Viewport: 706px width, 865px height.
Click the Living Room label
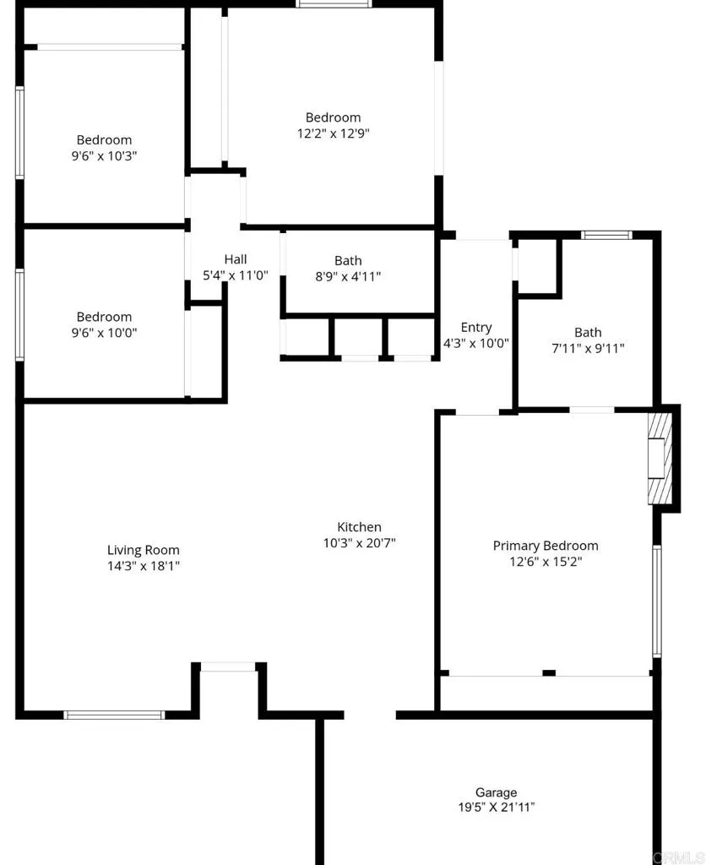pyautogui.click(x=143, y=550)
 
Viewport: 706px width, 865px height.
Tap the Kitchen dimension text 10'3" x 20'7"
pyautogui.click(x=360, y=543)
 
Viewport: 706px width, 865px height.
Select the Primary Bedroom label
pyautogui.click(x=546, y=546)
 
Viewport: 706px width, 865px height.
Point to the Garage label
pyautogui.click(x=496, y=792)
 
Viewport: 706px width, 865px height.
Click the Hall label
pyautogui.click(x=236, y=259)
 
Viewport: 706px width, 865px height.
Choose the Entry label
pyautogui.click(x=476, y=328)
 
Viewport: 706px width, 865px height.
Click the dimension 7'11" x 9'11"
pyautogui.click(x=588, y=348)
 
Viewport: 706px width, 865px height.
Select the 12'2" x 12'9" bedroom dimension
pyautogui.click(x=333, y=133)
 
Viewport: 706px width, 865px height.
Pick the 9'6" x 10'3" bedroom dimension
pyautogui.click(x=105, y=155)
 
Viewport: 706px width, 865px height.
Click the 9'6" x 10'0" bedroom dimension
pyautogui.click(x=105, y=332)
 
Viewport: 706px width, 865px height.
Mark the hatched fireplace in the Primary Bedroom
pyautogui.click(x=659, y=459)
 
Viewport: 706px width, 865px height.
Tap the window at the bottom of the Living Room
pyautogui.click(x=114, y=715)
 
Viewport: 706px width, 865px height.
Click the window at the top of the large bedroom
pyautogui.click(x=334, y=4)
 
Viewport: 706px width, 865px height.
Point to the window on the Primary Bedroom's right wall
pyautogui.click(x=657, y=601)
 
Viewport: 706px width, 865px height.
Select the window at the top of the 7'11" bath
pyautogui.click(x=606, y=235)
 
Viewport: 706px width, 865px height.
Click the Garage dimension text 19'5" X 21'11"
pyautogui.click(x=496, y=808)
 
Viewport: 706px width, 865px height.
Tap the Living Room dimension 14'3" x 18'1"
pyautogui.click(x=143, y=565)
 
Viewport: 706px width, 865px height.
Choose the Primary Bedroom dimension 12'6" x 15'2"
pyautogui.click(x=546, y=561)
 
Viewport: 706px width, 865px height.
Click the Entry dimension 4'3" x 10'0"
pyautogui.click(x=476, y=343)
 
